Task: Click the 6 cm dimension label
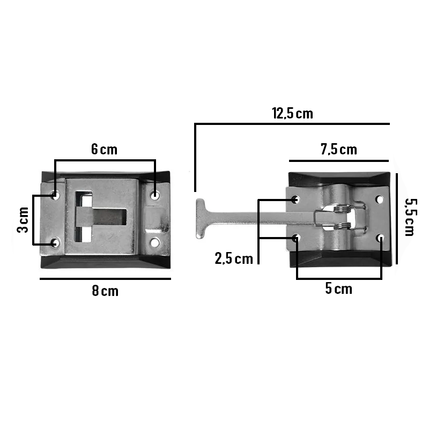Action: (104, 150)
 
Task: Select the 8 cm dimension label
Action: (105, 291)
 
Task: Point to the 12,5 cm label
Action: (292, 113)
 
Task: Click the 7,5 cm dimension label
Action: (339, 150)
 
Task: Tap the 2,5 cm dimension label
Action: (234, 258)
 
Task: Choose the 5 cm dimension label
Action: (339, 289)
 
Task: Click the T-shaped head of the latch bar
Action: (201, 219)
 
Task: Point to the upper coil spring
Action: (342, 209)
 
